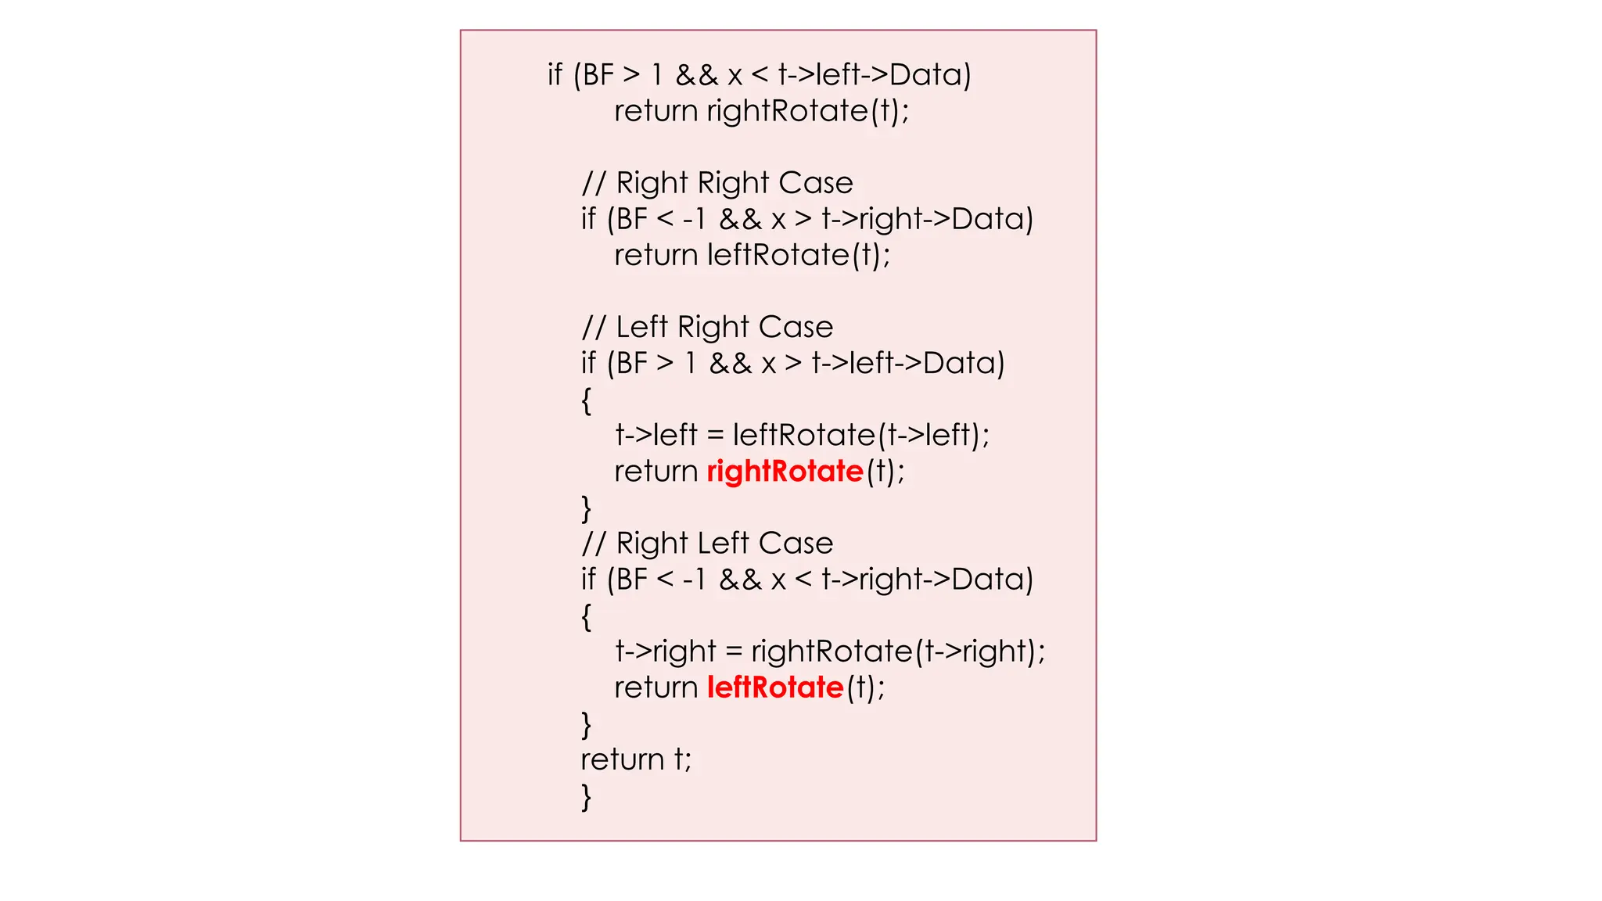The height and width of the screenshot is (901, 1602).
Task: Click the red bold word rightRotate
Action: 785,472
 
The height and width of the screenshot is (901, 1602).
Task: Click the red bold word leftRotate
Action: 775,687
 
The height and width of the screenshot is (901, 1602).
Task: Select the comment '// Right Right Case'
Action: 717,183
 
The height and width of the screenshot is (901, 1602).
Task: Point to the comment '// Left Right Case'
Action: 707,327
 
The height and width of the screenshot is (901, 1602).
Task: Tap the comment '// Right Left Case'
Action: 707,544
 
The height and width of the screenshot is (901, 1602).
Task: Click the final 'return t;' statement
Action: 636,759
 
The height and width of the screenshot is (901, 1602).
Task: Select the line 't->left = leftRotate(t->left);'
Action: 803,435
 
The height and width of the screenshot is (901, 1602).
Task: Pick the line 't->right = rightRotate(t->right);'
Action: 830,652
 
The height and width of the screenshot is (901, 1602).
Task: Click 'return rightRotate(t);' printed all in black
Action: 762,111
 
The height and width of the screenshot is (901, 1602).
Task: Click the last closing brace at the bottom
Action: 586,797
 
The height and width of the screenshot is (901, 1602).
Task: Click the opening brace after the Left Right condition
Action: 586,400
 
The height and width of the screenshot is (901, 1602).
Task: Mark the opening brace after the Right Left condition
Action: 586,617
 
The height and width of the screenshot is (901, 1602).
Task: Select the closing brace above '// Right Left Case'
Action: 586,508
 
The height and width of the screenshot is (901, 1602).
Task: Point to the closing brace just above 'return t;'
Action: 586,725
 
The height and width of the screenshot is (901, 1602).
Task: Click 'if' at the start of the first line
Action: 555,75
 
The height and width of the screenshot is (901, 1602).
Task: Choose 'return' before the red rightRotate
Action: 656,472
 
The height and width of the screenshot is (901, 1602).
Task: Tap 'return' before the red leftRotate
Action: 656,687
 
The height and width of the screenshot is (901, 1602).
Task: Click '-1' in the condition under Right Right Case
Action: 694,219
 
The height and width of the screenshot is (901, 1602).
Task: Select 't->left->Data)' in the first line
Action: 875,75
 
